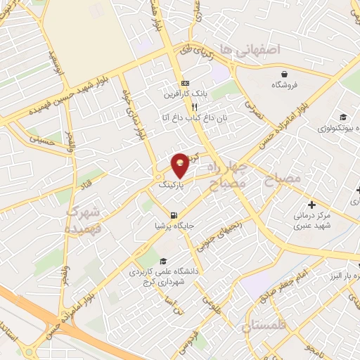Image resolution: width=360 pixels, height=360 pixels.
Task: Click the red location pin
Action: [x=181, y=165]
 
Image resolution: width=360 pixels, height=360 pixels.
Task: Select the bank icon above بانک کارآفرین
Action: [x=185, y=82]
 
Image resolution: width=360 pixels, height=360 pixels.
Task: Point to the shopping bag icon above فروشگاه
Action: [x=284, y=73]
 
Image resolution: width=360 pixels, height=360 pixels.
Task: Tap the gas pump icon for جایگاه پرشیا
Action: [x=174, y=214]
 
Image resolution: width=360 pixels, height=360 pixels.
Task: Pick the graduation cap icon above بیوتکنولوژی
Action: [x=342, y=117]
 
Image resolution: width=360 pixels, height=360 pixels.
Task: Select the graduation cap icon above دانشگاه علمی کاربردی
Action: [x=163, y=260]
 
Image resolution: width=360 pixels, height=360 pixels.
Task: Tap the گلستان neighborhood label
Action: [x=266, y=325]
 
